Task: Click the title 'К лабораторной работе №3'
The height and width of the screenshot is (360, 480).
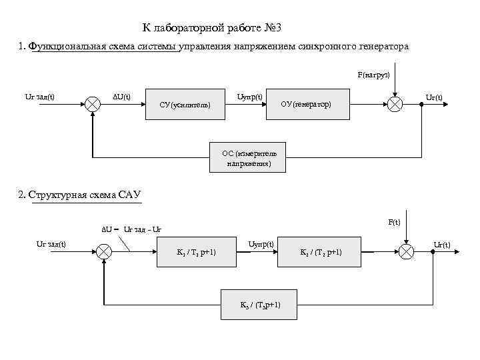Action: click(x=216, y=29)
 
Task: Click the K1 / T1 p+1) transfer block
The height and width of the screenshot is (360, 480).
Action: click(x=197, y=252)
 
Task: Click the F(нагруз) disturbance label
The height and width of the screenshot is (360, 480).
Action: click(x=374, y=75)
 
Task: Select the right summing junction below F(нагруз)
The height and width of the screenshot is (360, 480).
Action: click(x=395, y=105)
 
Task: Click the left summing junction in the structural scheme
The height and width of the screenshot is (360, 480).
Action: click(x=104, y=252)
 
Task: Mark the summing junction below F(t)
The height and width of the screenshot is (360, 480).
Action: click(x=405, y=252)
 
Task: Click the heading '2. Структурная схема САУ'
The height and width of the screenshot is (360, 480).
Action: click(x=81, y=195)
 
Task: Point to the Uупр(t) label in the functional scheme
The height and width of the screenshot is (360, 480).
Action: click(x=250, y=97)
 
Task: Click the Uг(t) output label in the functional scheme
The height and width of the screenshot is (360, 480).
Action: click(x=434, y=98)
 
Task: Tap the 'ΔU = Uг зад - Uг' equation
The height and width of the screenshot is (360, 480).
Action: click(x=131, y=229)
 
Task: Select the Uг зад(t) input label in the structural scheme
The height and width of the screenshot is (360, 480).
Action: click(x=51, y=244)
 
